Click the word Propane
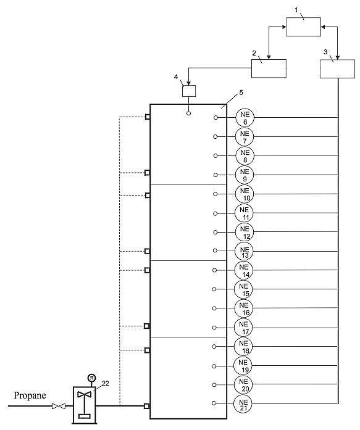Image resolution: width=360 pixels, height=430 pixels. point(30,395)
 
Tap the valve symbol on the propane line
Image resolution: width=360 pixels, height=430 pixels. point(59,406)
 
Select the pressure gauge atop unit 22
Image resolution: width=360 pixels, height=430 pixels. point(91,378)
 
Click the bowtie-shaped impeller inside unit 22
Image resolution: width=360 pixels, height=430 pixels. point(84,394)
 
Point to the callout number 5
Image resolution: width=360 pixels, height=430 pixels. point(241,93)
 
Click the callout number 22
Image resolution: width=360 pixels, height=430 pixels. point(106,383)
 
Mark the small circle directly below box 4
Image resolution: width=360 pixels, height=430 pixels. point(188,113)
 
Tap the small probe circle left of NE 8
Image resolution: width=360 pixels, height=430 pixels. point(216,155)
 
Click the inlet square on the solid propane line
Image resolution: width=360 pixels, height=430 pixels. point(147,406)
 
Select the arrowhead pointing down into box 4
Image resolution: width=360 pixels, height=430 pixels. point(189,83)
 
